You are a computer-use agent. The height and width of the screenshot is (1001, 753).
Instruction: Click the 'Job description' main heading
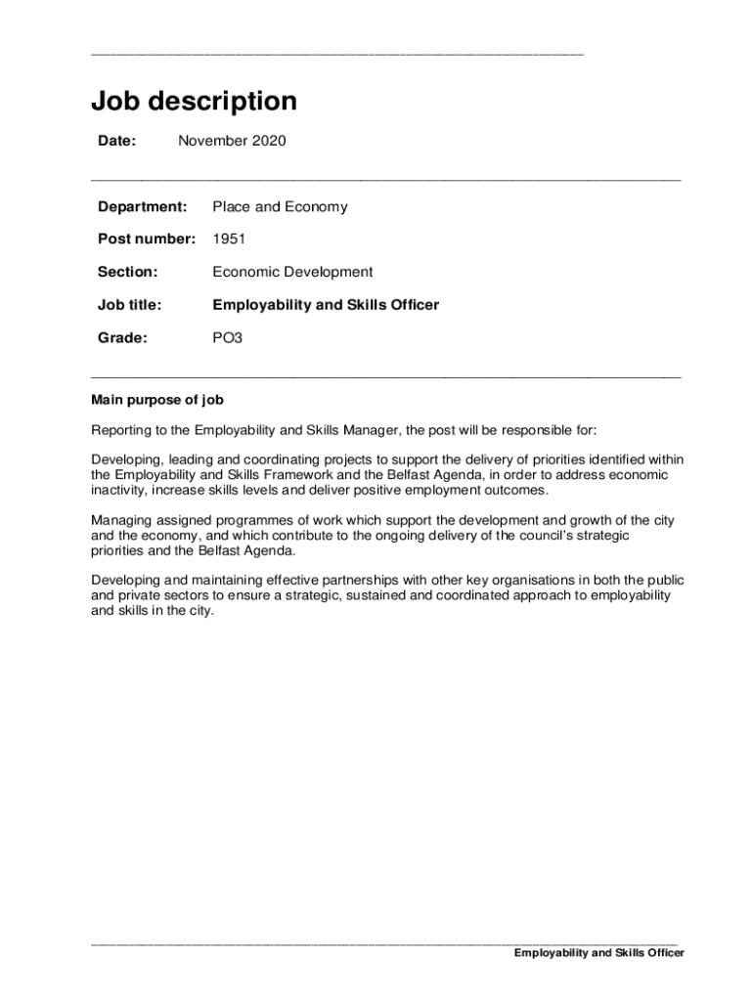tap(194, 102)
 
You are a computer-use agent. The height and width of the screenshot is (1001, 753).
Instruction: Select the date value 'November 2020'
tap(232, 142)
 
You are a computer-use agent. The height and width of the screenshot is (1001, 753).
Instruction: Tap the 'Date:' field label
tap(116, 142)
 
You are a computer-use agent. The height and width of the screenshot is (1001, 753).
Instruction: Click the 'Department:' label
tap(142, 207)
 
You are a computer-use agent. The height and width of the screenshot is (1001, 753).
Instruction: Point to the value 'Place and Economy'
tap(280, 207)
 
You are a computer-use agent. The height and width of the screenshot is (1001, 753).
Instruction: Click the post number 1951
tap(229, 239)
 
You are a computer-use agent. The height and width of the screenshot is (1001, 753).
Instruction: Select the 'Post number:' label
tap(147, 239)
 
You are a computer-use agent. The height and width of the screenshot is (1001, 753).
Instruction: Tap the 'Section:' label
tap(127, 273)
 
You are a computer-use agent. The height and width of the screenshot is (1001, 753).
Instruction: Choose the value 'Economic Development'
tap(292, 273)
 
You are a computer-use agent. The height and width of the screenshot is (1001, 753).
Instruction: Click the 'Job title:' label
tap(129, 305)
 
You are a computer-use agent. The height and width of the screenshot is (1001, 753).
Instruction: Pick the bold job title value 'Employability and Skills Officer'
tap(326, 305)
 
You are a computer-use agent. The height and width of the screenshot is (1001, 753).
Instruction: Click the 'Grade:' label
tap(122, 338)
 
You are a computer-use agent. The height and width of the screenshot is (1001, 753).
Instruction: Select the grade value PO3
tap(227, 338)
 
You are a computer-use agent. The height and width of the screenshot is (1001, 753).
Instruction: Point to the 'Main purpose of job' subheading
tap(157, 400)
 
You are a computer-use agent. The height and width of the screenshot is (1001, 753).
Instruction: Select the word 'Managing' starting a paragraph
tap(120, 520)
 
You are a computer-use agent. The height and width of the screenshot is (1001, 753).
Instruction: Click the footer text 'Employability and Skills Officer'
tap(599, 954)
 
